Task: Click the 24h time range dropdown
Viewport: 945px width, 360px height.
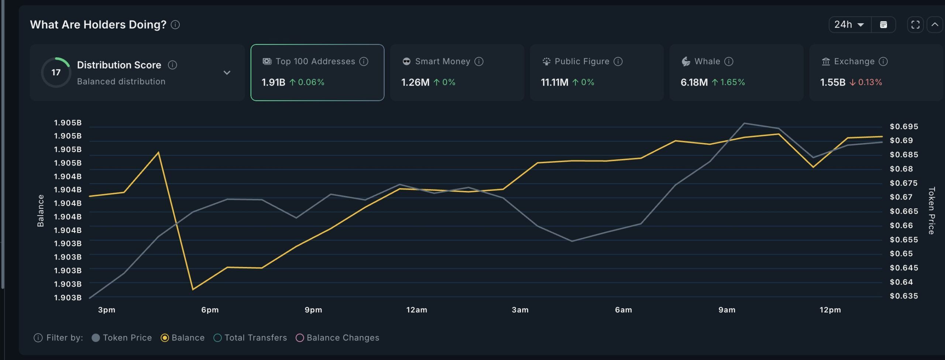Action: (x=849, y=25)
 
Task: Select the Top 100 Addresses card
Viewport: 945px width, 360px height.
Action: (x=317, y=72)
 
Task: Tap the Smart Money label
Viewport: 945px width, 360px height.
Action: (x=442, y=62)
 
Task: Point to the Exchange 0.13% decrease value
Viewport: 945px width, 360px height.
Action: (x=870, y=82)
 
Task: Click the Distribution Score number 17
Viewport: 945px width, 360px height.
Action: (x=56, y=72)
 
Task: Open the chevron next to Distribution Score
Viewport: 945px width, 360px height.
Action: (x=227, y=72)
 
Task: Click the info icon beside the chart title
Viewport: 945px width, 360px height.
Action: (x=175, y=25)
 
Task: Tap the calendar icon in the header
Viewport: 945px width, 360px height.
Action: (x=883, y=25)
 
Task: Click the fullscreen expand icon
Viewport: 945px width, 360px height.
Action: (x=915, y=25)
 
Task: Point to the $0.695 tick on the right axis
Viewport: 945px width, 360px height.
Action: (x=903, y=127)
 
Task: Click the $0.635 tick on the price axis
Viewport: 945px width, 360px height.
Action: (x=903, y=296)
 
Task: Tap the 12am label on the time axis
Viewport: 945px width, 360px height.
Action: (x=417, y=310)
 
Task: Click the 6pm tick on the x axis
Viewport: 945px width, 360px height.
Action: (x=210, y=310)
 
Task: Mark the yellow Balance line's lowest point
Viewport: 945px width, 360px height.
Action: (x=193, y=289)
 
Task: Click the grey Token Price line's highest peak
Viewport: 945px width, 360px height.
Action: (x=744, y=123)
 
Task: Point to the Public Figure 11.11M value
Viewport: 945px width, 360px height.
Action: (x=554, y=82)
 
